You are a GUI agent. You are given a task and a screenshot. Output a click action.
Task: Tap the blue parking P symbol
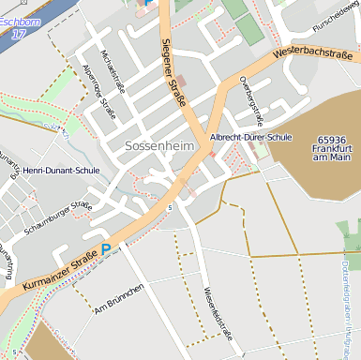(106, 249)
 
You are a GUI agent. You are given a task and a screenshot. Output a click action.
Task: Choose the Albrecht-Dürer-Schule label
(251, 137)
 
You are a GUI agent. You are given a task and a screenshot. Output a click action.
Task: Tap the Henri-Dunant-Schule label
(61, 171)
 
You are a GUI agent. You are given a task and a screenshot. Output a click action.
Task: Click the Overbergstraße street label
(250, 99)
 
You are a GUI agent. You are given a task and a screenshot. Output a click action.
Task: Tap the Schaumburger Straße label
(59, 216)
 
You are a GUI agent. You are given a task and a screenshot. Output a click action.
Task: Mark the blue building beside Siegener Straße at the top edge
(144, 4)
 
